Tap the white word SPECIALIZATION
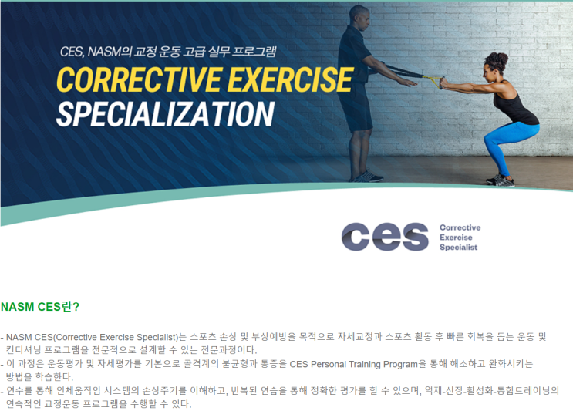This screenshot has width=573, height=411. tap(165, 114)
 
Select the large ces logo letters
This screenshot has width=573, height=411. tap(385, 237)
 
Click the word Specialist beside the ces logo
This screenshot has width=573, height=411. tap(458, 248)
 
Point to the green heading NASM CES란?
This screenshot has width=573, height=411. tap(40, 306)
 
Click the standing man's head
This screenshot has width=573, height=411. tap(360, 15)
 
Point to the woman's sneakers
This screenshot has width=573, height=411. tap(501, 180)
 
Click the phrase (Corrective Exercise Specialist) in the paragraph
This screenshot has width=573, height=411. tap(116, 337)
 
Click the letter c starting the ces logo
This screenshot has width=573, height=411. tap(356, 238)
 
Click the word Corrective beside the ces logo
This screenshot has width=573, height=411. tap(460, 227)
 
